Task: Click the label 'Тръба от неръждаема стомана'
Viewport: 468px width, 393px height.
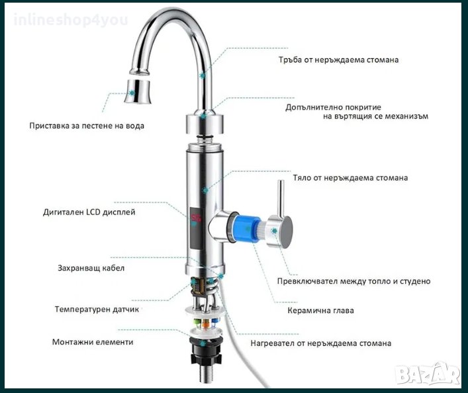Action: pyautogui.click(x=338, y=60)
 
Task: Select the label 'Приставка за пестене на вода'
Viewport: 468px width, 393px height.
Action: pyautogui.click(x=87, y=125)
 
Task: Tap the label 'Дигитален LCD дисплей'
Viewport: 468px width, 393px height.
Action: pyautogui.click(x=89, y=212)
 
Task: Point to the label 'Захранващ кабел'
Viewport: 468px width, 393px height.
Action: pyautogui.click(x=91, y=268)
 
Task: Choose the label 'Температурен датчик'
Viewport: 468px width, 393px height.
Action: pyautogui.click(x=97, y=309)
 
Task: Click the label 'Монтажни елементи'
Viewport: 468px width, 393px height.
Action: pyautogui.click(x=93, y=342)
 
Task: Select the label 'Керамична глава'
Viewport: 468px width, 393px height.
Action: pyautogui.click(x=320, y=310)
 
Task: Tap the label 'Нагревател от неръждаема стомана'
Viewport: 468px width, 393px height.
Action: pyautogui.click(x=320, y=343)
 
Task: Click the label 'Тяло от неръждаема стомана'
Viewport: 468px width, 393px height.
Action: pyautogui.click(x=350, y=178)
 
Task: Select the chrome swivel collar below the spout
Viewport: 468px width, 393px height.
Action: pyautogui.click(x=205, y=124)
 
